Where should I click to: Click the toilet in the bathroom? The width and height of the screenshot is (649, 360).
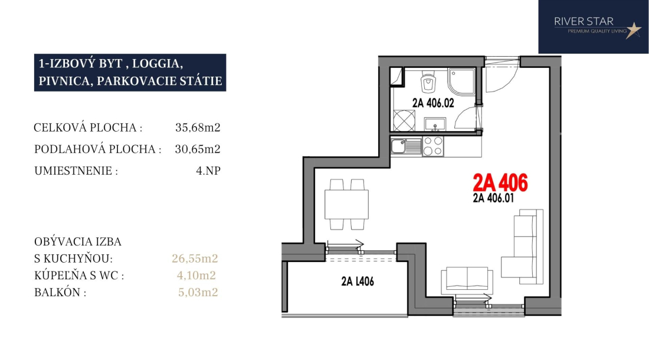click(428, 83)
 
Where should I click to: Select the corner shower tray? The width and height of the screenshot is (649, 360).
click(461, 82)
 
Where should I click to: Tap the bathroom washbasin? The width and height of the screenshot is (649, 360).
click(435, 124)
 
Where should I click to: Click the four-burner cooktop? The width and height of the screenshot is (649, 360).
click(432, 146)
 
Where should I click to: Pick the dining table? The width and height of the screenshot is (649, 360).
click(346, 204)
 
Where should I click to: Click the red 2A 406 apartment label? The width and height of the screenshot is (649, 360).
click(500, 182)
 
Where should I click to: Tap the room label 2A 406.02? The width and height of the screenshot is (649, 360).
click(433, 103)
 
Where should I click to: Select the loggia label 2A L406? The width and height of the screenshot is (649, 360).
click(358, 282)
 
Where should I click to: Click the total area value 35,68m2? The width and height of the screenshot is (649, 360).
click(198, 127)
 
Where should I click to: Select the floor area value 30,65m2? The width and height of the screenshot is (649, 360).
click(198, 149)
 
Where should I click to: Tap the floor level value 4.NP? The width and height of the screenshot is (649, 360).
click(208, 171)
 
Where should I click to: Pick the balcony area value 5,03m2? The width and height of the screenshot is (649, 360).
click(198, 292)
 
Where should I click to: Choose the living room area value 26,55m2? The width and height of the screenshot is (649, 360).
click(195, 258)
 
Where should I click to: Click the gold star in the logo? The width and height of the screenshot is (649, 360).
click(633, 30)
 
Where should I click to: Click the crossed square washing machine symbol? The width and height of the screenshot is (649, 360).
click(404, 120)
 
